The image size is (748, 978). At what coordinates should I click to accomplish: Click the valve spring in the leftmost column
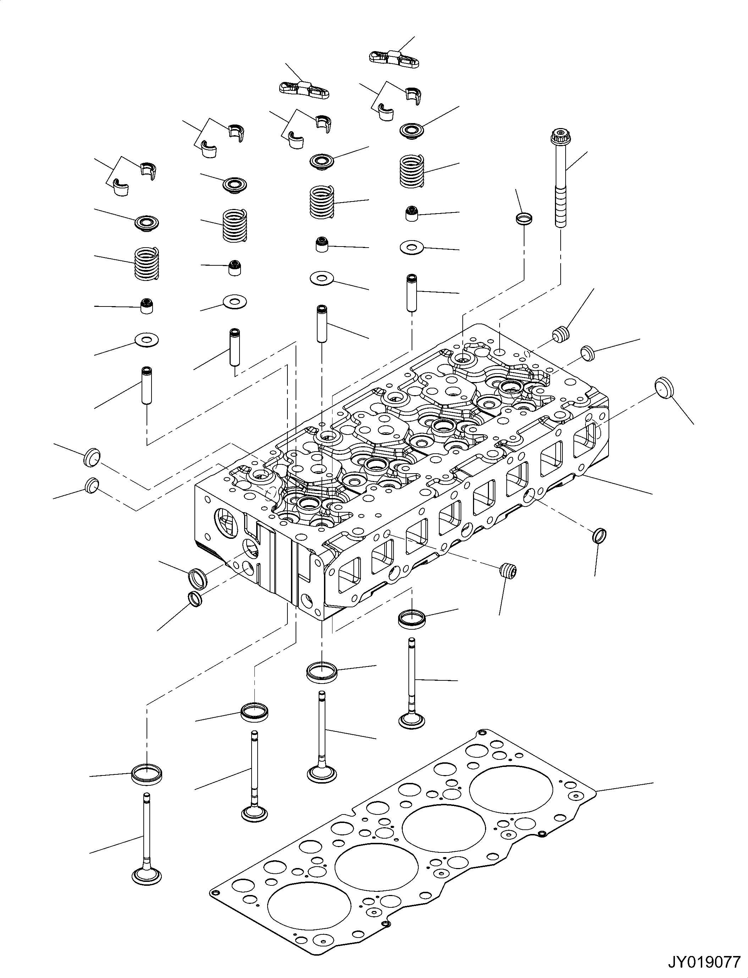(147, 264)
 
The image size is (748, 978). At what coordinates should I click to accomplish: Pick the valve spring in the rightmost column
(411, 171)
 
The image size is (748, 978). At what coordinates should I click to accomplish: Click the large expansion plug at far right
(664, 388)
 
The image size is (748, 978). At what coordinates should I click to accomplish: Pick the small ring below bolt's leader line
(524, 219)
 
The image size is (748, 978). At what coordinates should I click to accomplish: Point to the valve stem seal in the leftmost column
(147, 306)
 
